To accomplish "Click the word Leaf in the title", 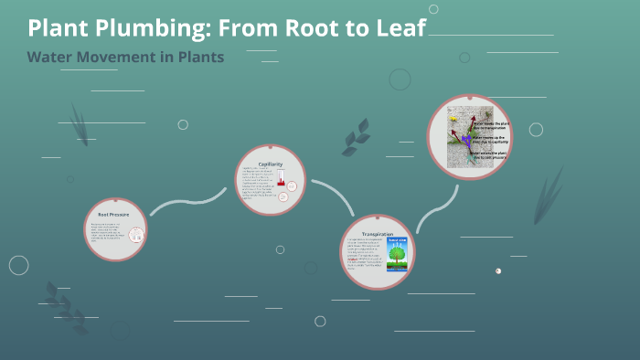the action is (396, 28).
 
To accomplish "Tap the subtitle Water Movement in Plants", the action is (125, 57).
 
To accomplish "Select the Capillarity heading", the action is (270, 164).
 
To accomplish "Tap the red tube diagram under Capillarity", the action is (282, 177).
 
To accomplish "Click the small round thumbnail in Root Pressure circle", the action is (135, 236).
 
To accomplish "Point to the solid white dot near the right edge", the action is (498, 270).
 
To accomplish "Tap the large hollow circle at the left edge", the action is (19, 265).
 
